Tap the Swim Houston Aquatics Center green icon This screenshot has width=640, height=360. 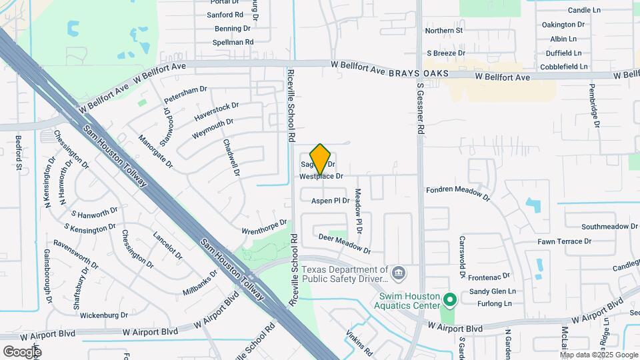click(449, 301)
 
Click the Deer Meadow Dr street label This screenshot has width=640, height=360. click(344, 243)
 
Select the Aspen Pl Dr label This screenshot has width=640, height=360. click(331, 200)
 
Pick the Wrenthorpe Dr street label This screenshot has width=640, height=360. click(264, 227)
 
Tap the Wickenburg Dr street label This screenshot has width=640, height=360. click(103, 315)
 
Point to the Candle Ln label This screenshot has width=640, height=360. click(584, 11)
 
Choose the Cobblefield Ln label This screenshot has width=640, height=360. click(565, 67)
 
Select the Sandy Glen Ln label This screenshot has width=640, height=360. click(493, 291)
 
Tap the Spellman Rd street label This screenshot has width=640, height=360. click(233, 42)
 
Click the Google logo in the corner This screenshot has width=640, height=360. click(22, 351)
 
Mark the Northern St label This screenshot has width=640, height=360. click(444, 31)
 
